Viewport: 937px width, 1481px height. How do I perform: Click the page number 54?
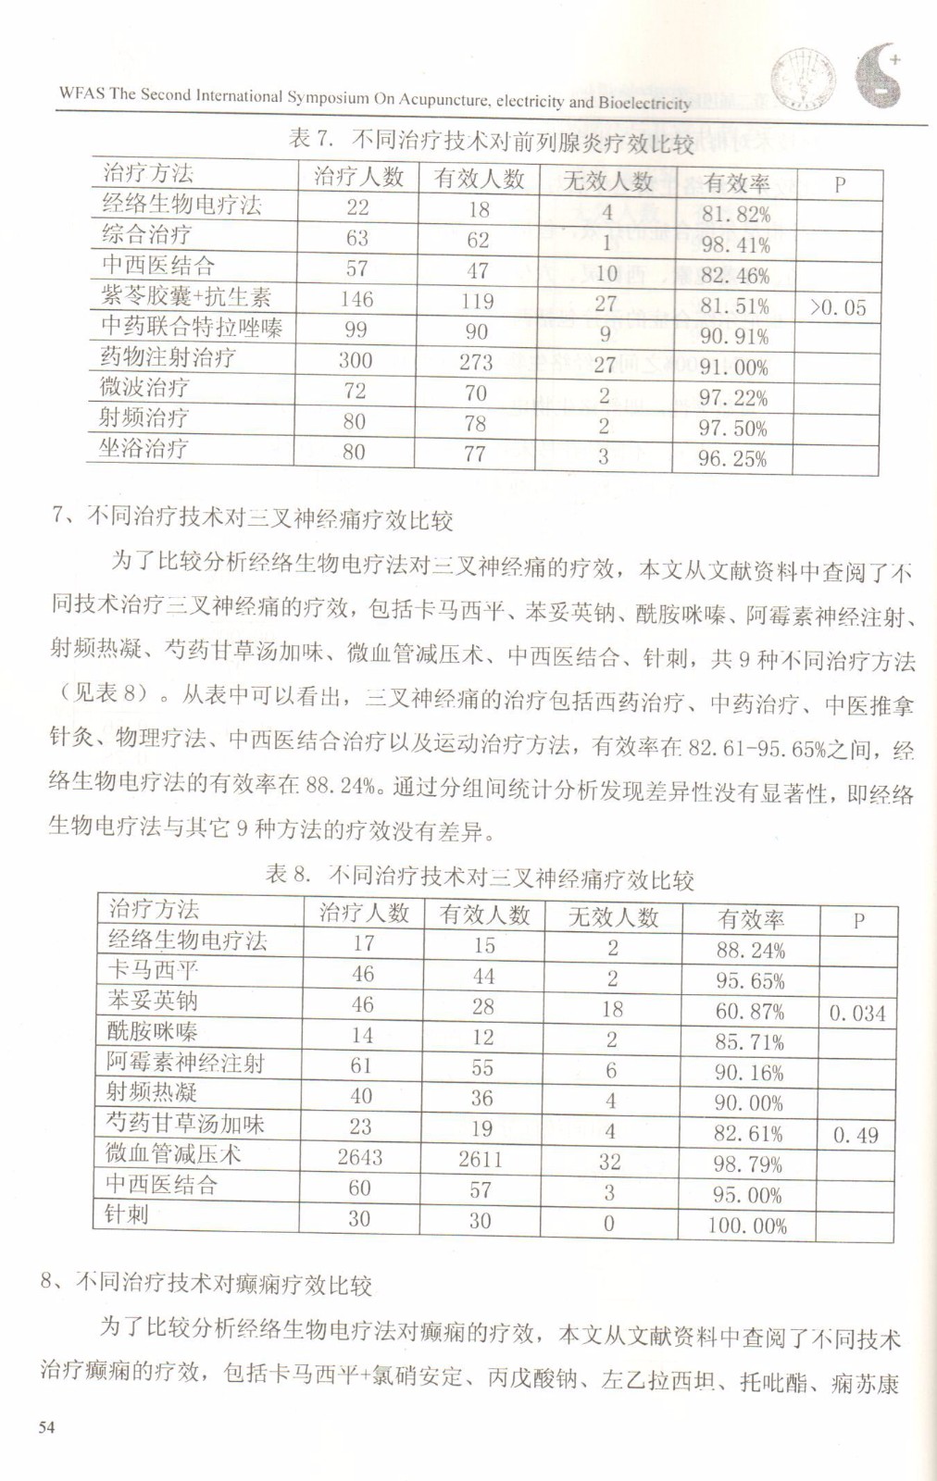46,1426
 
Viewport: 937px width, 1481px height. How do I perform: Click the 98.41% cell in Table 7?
735,245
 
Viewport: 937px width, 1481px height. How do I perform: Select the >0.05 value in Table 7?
838,307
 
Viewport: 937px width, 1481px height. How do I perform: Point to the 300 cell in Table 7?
355,360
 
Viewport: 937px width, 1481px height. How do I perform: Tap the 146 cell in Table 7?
356,299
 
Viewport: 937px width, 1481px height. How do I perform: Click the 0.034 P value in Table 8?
856,1014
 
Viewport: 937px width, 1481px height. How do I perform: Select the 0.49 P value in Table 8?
856,1136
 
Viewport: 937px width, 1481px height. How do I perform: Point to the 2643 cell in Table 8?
360,1158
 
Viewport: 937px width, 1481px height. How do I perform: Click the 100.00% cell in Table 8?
747,1226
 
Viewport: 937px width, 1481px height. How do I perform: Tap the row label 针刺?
127,1214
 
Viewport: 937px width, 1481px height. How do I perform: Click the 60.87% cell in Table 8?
749,1012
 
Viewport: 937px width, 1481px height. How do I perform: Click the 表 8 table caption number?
287,874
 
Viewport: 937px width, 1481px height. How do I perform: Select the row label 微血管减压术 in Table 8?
173,1153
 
